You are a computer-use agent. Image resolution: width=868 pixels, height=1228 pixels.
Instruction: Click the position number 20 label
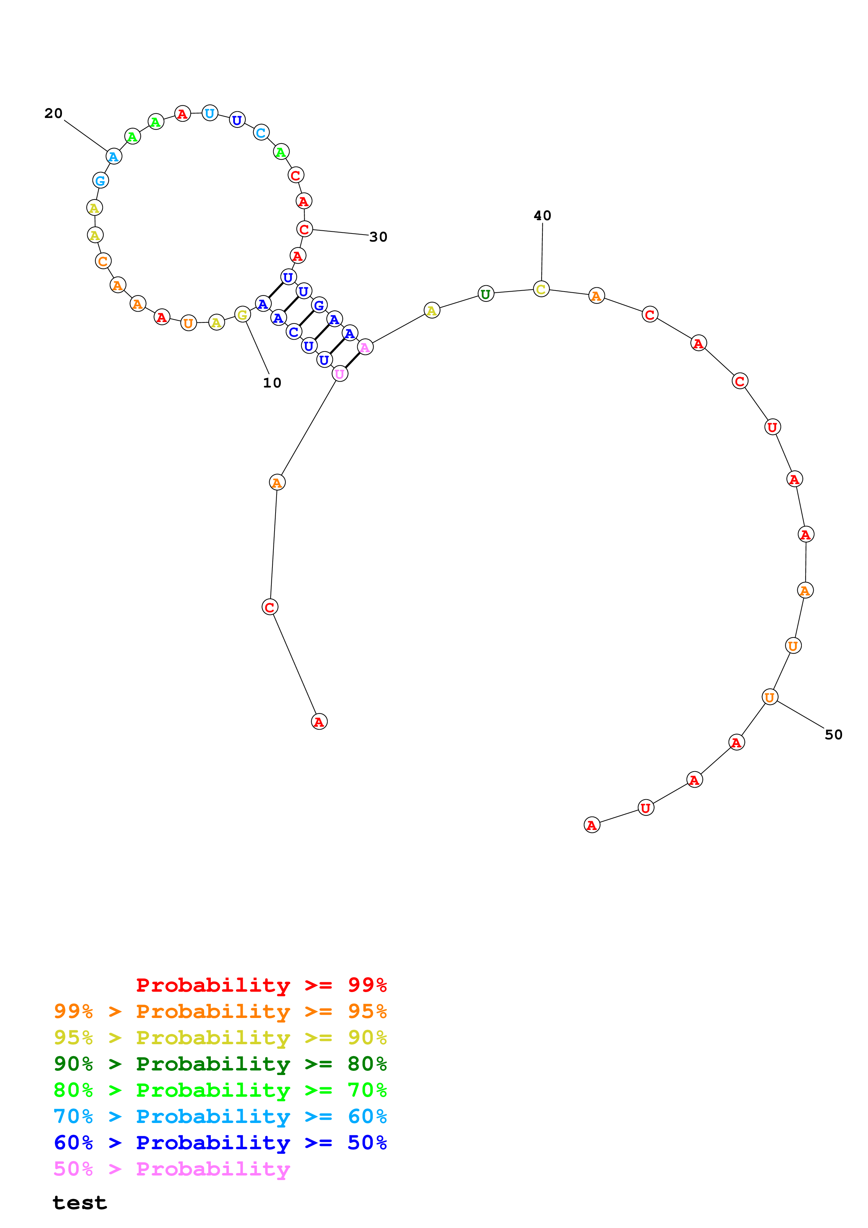54,113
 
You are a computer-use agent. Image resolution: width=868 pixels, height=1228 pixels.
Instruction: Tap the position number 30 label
378,237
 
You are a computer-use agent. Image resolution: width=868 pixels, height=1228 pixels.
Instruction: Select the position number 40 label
542,216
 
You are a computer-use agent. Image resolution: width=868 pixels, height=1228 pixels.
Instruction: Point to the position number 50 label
833,734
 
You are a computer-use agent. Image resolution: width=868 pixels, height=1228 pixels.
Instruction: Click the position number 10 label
272,383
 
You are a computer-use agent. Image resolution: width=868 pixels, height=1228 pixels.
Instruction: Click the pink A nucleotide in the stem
365,348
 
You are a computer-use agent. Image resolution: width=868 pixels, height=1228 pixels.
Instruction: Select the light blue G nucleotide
100,181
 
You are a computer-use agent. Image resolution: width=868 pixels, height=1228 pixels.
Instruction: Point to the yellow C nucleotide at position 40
541,289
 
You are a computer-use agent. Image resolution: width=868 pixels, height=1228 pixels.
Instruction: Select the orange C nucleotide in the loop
103,261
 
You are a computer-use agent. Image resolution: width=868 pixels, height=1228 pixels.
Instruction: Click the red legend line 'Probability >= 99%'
261,985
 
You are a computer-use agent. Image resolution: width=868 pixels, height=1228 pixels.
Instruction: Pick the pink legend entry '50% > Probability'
171,1168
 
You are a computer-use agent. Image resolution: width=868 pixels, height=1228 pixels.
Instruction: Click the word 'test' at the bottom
80,1203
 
